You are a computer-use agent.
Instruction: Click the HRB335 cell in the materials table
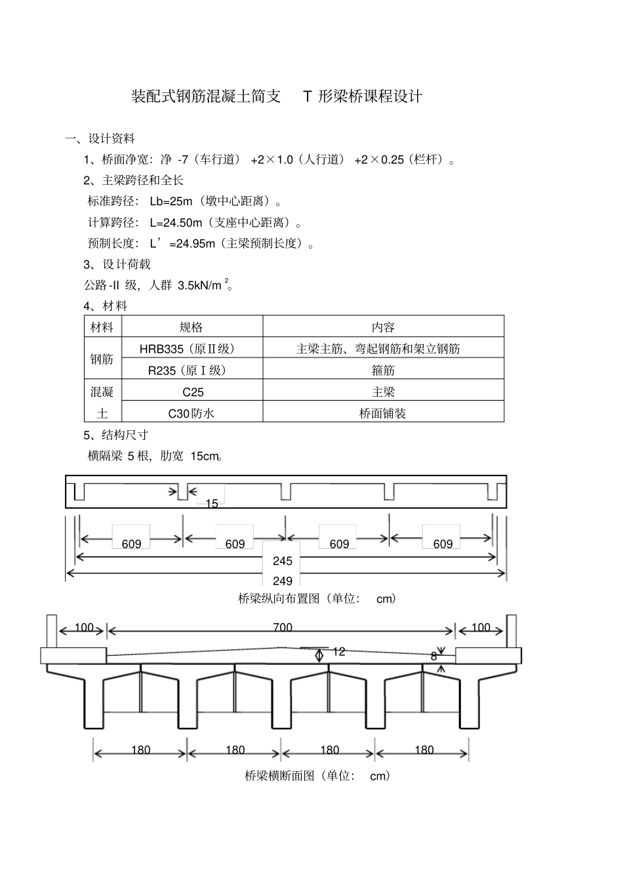187,349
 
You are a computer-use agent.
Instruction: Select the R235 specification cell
187,371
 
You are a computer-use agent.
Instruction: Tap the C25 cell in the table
193,392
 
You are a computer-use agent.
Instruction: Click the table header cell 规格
191,327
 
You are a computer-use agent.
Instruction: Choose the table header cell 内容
383,327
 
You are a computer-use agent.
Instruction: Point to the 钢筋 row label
102,359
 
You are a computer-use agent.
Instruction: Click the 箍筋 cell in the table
383,371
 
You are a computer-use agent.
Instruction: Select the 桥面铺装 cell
383,414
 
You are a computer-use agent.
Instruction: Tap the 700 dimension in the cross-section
283,628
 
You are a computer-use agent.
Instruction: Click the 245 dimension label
283,561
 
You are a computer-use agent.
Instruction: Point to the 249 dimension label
283,581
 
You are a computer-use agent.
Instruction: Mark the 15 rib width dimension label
212,504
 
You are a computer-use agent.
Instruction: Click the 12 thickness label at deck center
338,652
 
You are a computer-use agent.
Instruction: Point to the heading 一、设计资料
100,139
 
